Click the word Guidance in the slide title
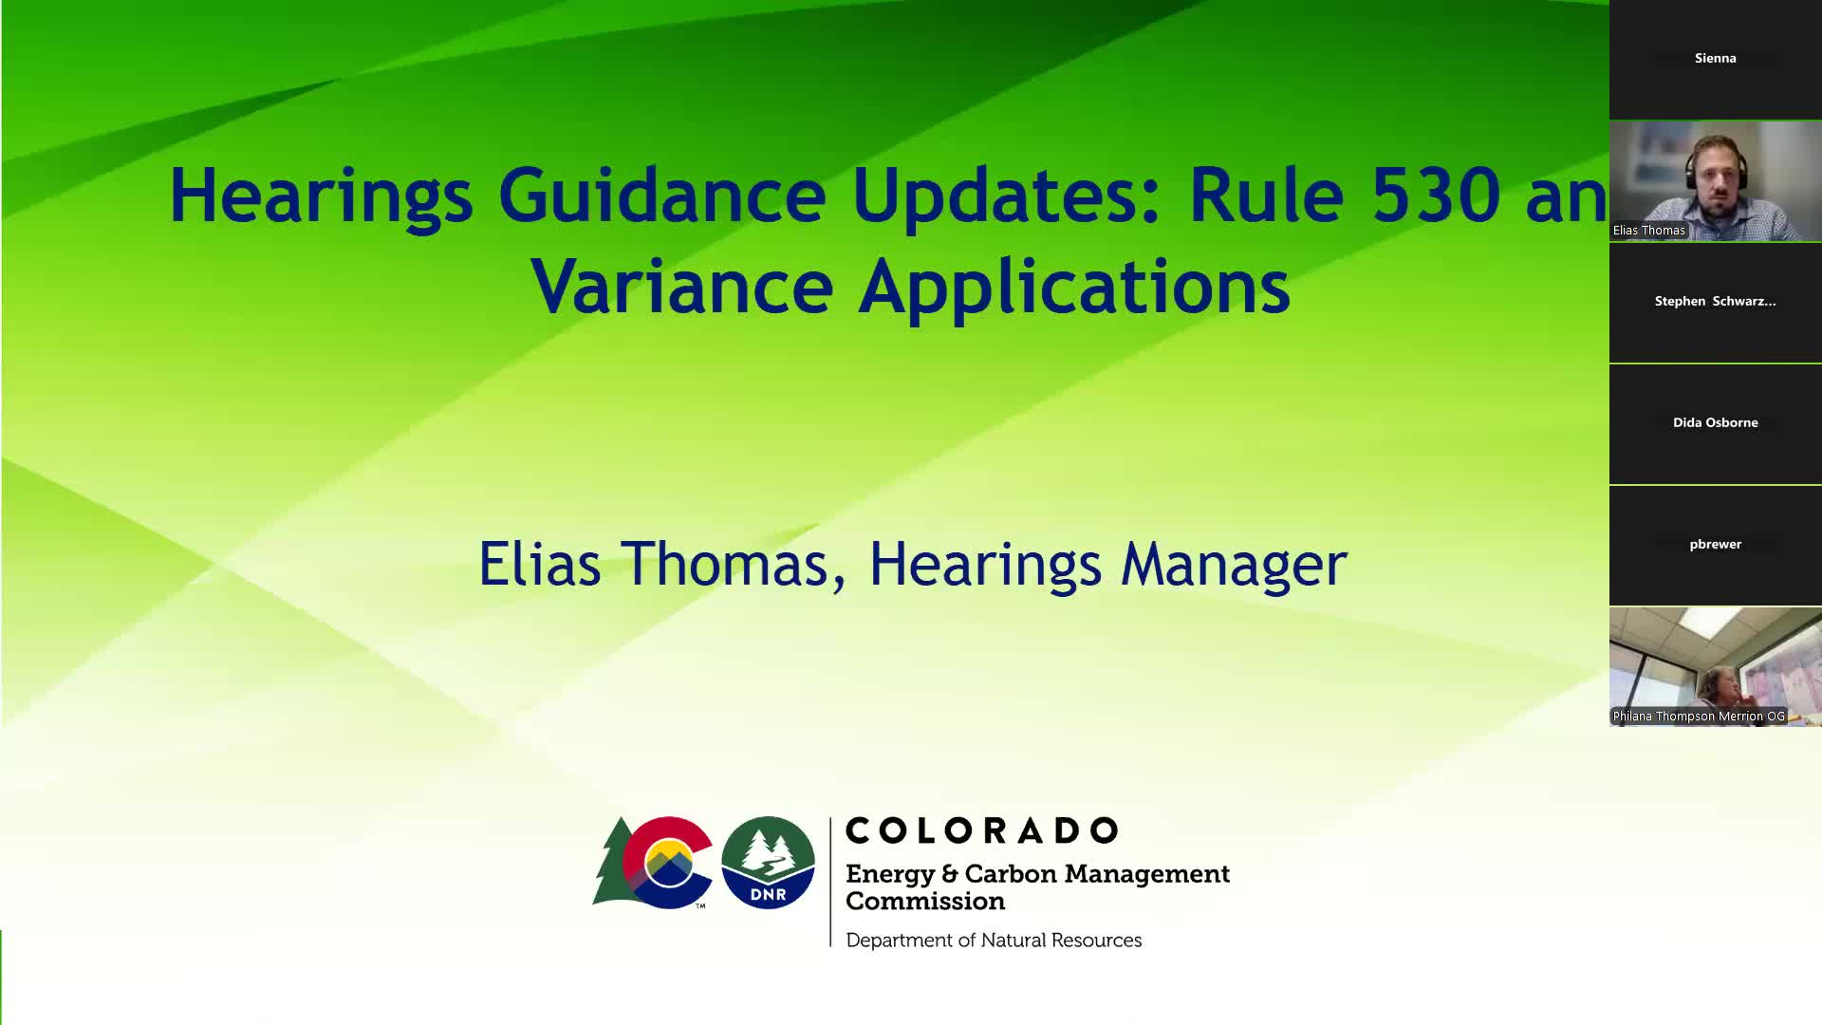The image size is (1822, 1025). [x=661, y=196]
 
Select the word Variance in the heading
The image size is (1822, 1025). [x=682, y=286]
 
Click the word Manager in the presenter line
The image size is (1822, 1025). [x=1234, y=565]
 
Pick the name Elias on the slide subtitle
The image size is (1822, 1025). [x=539, y=564]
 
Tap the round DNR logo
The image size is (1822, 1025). [x=768, y=862]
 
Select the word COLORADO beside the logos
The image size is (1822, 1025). [x=981, y=830]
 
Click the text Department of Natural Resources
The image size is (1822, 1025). [x=994, y=941]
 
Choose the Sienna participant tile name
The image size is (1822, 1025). [x=1716, y=58]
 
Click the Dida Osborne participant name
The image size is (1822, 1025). [x=1716, y=422]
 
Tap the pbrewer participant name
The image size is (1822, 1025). [x=1716, y=544]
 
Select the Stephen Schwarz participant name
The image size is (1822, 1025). [x=1716, y=301]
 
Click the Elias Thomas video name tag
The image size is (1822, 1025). [x=1649, y=231]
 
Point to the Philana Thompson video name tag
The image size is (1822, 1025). [x=1699, y=717]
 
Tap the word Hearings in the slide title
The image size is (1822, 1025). [x=321, y=196]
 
